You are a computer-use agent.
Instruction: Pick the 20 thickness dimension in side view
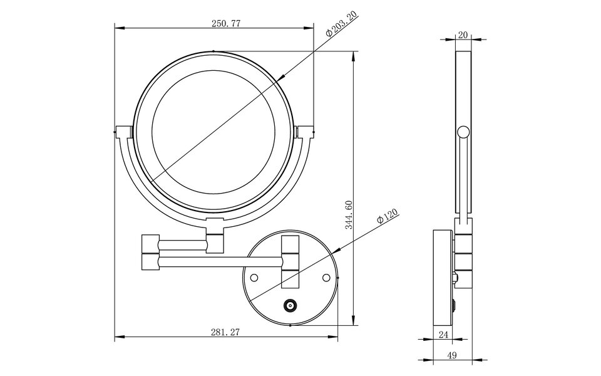[463, 35]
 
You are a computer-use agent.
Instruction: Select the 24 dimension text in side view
[443, 335]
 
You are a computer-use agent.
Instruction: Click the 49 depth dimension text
[452, 355]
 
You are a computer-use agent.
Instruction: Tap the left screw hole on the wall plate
[255, 276]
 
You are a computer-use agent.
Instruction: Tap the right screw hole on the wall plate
[326, 276]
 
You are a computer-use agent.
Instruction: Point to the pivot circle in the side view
[463, 132]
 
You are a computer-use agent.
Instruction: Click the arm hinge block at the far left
[150, 252]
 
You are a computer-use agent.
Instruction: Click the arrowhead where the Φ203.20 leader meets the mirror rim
[282, 78]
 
